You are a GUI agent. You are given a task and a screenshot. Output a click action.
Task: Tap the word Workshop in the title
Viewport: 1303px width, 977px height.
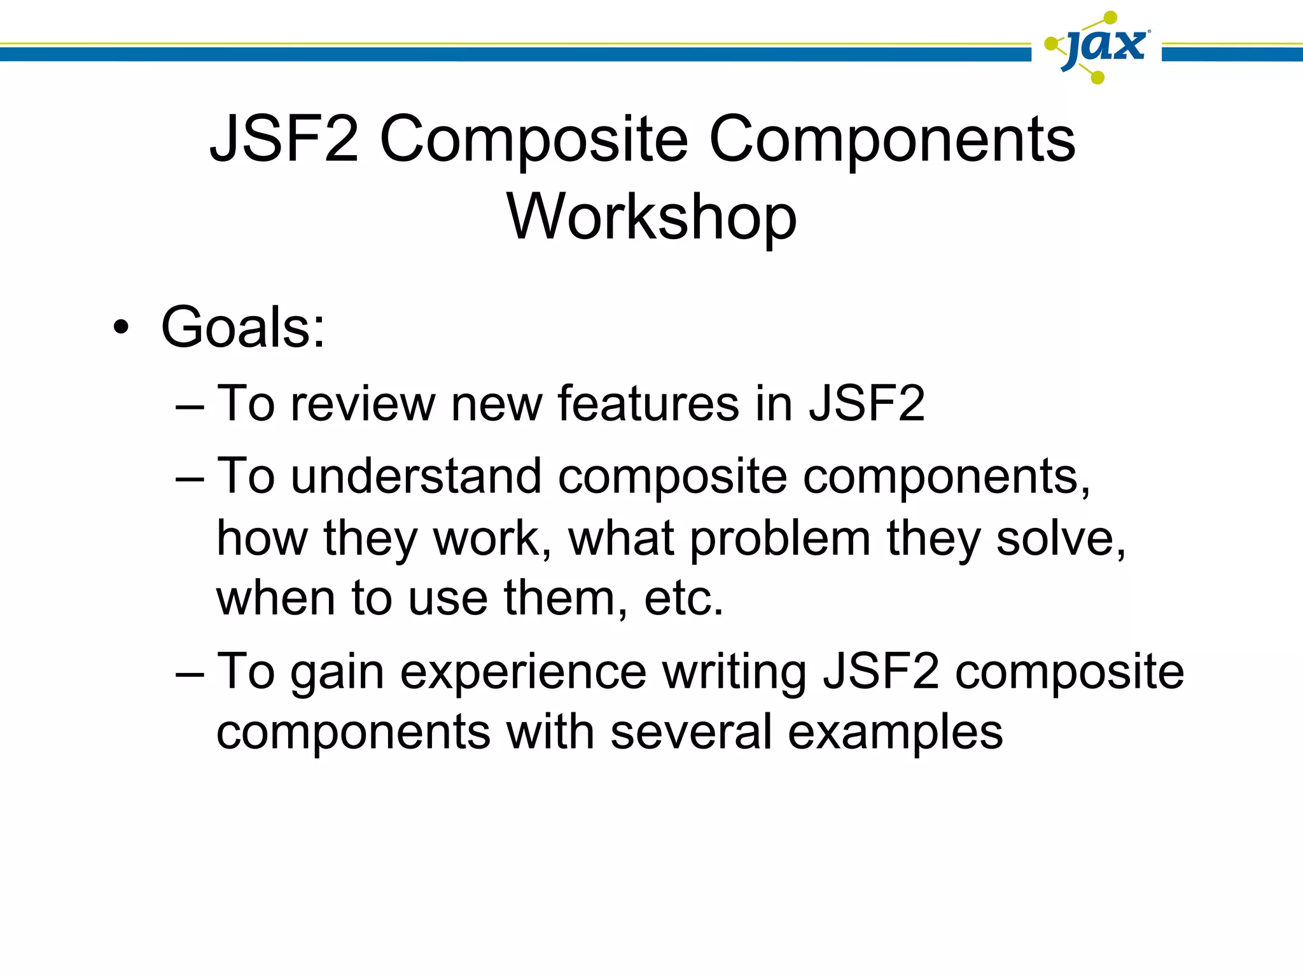pyautogui.click(x=651, y=218)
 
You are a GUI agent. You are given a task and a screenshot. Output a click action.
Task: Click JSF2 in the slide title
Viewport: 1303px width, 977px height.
pyautogui.click(x=284, y=139)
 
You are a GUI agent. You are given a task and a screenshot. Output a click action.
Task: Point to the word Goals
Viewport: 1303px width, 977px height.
pyautogui.click(x=242, y=328)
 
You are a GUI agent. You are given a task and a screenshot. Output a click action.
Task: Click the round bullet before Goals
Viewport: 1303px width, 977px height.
pyautogui.click(x=121, y=328)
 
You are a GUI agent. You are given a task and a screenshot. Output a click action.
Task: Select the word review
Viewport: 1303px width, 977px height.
pyautogui.click(x=362, y=404)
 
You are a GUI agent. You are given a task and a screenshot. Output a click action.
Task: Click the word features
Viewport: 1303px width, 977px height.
pyautogui.click(x=648, y=404)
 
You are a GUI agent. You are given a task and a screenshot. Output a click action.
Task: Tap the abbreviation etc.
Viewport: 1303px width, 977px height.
pyautogui.click(x=683, y=599)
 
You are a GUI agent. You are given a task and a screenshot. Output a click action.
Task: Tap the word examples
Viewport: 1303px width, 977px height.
pyautogui.click(x=895, y=733)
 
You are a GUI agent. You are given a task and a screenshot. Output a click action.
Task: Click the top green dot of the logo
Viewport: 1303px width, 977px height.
pyautogui.click(x=1110, y=18)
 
